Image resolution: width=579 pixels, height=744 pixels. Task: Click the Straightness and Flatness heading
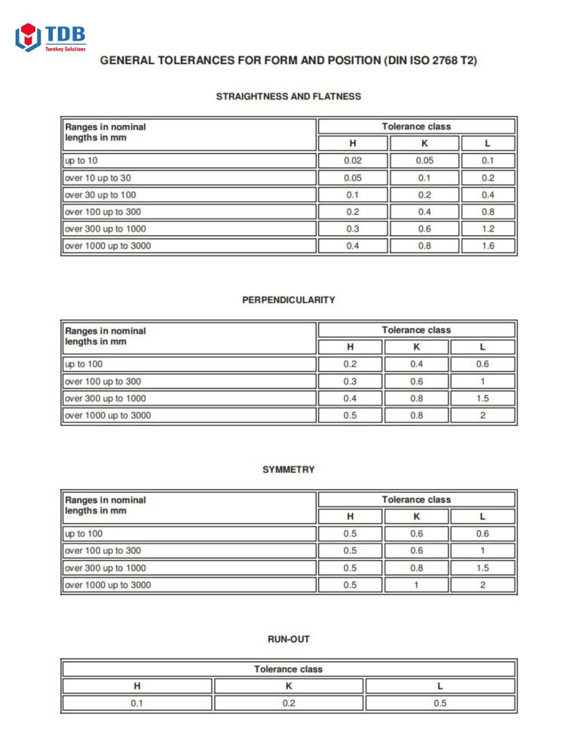point(289,96)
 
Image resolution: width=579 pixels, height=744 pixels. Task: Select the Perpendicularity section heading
point(289,300)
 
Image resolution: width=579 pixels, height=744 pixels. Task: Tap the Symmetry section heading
point(289,470)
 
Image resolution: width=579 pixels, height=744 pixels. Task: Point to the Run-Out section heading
point(289,639)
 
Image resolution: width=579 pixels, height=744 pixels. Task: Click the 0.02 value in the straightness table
point(352,161)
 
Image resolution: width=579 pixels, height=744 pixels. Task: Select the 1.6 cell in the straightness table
point(488,246)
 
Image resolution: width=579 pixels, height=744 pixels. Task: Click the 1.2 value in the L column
point(488,228)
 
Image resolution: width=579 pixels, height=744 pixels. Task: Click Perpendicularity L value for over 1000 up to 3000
point(482,415)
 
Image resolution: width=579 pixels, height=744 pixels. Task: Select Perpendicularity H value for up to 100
point(350,364)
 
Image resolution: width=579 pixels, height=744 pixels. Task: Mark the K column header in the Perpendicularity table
point(416,347)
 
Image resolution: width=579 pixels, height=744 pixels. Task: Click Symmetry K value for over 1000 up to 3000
point(416,585)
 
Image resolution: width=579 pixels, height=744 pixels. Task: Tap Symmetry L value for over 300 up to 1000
point(482,568)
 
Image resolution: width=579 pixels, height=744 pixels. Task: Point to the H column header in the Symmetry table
point(350,516)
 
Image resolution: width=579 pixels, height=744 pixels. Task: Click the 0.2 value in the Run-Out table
point(289,703)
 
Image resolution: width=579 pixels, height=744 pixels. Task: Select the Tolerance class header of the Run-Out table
point(289,669)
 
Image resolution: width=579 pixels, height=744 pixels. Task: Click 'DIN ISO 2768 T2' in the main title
point(430,60)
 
